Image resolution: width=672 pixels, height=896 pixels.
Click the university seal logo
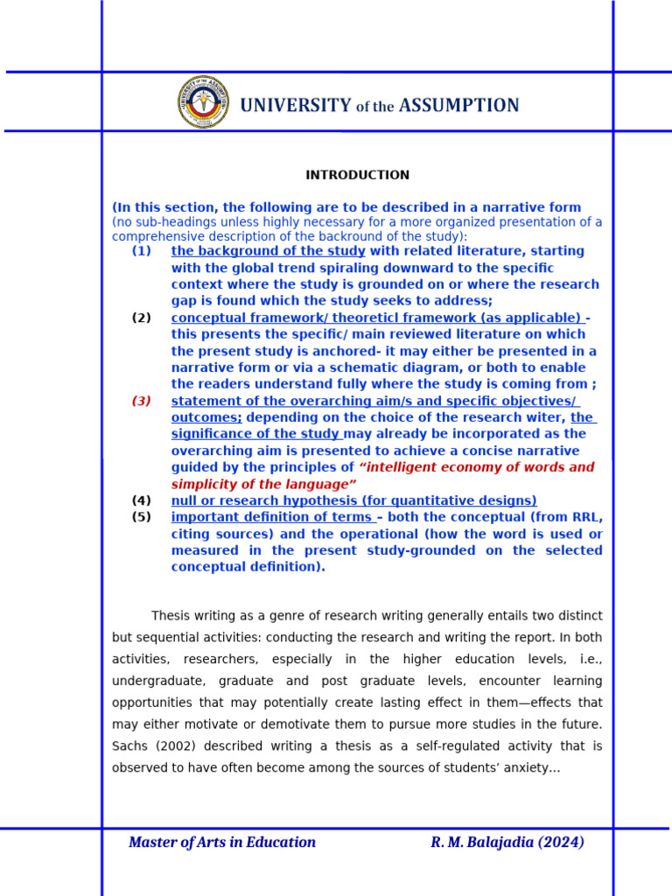click(203, 102)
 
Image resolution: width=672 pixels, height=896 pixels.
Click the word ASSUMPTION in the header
click(458, 106)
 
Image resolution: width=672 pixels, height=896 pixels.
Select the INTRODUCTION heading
click(357, 175)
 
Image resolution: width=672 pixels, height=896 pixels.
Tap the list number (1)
click(142, 251)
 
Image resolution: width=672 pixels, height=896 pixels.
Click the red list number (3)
click(142, 401)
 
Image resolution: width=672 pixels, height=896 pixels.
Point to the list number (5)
click(142, 517)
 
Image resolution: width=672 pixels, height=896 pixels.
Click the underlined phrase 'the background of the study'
click(268, 251)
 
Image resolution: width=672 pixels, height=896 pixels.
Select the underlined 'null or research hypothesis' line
click(353, 500)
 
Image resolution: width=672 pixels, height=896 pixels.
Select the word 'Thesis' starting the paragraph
click(171, 616)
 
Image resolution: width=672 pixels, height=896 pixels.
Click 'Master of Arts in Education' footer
click(222, 843)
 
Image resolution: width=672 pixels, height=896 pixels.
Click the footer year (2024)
click(561, 843)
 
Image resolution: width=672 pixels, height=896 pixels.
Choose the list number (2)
click(142, 318)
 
